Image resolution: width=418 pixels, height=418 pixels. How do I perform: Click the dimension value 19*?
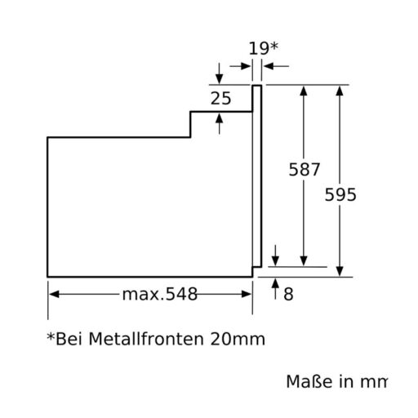[264, 48]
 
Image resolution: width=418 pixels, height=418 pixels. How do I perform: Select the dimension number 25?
[220, 98]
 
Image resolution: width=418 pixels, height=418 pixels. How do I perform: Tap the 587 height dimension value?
[305, 169]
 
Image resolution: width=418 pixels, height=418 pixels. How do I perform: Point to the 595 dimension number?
[340, 195]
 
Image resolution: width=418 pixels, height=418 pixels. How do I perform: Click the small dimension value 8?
[288, 294]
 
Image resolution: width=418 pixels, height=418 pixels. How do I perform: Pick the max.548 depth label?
[160, 294]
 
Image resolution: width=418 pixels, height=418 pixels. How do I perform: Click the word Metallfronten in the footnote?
[146, 339]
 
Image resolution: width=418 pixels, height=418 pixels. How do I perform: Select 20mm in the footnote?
[238, 339]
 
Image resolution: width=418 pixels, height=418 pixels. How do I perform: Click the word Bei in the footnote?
[69, 339]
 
